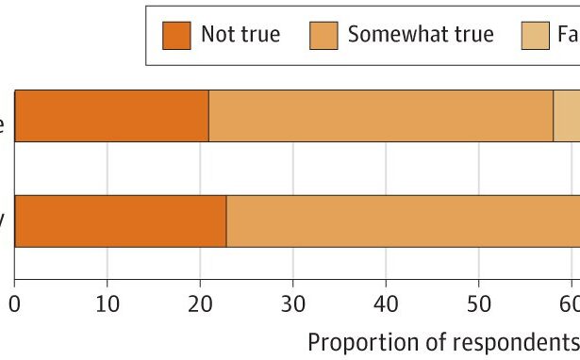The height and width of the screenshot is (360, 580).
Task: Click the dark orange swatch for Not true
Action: [x=176, y=35]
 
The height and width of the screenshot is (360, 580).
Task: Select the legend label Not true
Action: [x=240, y=35]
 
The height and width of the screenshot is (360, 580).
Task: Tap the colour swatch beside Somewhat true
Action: [x=323, y=35]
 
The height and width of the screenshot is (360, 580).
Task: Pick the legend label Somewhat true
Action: [x=421, y=35]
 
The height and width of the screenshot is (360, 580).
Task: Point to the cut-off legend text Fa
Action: [x=569, y=35]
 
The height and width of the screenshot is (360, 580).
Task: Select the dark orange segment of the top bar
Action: [x=111, y=116]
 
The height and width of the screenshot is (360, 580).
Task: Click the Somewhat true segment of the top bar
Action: [x=380, y=116]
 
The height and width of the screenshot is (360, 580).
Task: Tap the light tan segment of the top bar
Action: [x=567, y=116]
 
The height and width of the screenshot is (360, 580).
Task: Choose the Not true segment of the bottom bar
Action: [x=120, y=221]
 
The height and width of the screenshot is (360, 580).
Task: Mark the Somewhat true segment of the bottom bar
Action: [x=403, y=221]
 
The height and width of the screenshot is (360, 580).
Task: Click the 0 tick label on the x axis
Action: [x=14, y=304]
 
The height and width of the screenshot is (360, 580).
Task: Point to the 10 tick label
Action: [x=107, y=304]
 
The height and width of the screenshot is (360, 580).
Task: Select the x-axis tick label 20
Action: [x=200, y=304]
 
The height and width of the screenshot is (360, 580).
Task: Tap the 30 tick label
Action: [x=292, y=304]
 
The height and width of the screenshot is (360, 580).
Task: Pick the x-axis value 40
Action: [x=386, y=304]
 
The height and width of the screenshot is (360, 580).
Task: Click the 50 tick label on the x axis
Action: [x=478, y=304]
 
